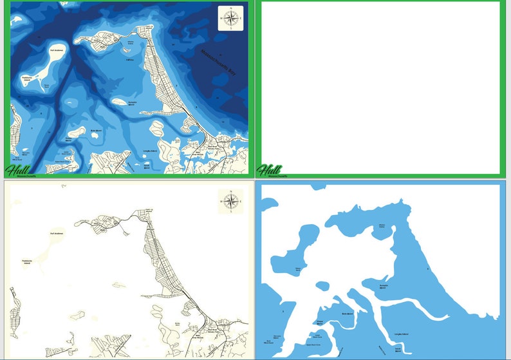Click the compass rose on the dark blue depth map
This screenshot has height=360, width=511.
tap(230, 18)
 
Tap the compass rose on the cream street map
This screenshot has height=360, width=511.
tap(230, 201)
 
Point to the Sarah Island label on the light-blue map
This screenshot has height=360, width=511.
tap(398, 349)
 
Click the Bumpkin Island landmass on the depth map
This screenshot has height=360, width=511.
tap(120, 102)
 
